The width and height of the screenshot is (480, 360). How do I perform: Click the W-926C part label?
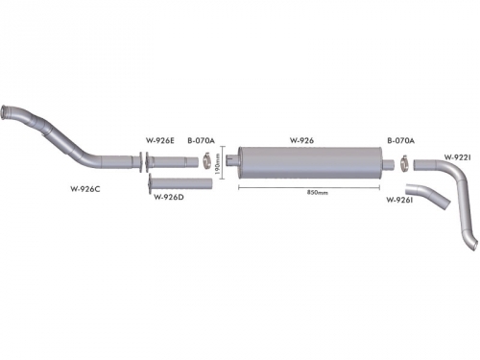click(85, 189)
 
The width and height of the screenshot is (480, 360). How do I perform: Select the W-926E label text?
click(160, 140)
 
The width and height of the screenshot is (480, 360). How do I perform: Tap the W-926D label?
click(169, 197)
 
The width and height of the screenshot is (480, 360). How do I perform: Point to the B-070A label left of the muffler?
click(201, 140)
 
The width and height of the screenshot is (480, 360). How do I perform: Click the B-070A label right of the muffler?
click(400, 140)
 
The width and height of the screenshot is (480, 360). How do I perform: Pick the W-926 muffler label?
click(301, 140)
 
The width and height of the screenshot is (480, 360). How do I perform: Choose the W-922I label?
click(457, 157)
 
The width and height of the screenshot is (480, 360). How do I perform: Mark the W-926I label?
click(399, 201)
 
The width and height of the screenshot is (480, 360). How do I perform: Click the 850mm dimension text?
click(318, 193)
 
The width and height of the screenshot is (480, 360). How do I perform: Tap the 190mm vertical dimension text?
click(218, 164)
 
